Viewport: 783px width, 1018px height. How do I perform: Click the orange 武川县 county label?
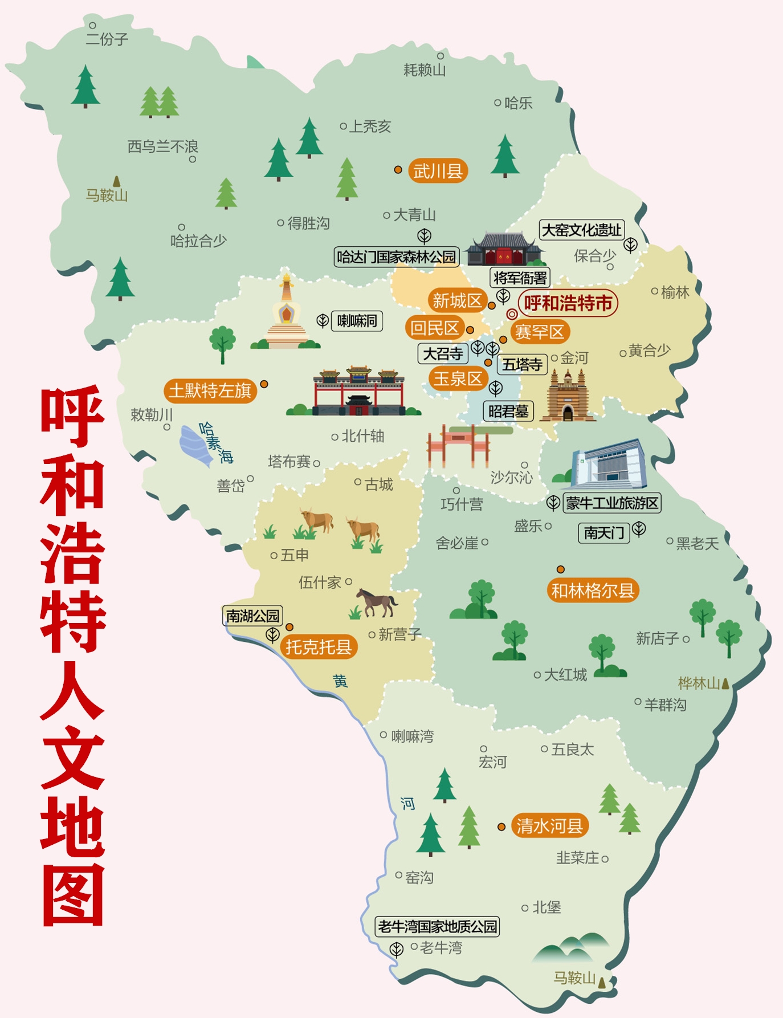pos(438,171)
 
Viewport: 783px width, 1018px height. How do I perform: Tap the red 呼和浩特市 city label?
pos(568,303)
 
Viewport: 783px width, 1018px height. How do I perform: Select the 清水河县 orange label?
pos(549,826)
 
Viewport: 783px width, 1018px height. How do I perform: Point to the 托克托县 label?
pos(319,647)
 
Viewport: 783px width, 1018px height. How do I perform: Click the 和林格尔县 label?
pos(593,591)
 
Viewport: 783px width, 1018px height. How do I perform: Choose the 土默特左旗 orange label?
pos(210,390)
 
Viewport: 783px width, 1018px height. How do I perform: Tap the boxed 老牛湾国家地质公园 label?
pos(438,926)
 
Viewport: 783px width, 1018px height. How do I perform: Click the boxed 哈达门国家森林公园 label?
pos(397,257)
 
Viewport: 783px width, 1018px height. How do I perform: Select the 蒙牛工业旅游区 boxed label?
pos(611,503)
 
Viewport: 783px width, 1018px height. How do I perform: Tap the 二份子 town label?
pos(107,39)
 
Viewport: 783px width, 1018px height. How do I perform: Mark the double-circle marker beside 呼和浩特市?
pos(512,314)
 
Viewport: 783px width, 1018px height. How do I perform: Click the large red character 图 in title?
pos(73,895)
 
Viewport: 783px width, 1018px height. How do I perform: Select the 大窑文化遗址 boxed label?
pos(581,230)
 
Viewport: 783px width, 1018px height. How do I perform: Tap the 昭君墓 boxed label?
pos(508,411)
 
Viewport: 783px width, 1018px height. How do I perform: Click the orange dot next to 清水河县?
pos(501,826)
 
